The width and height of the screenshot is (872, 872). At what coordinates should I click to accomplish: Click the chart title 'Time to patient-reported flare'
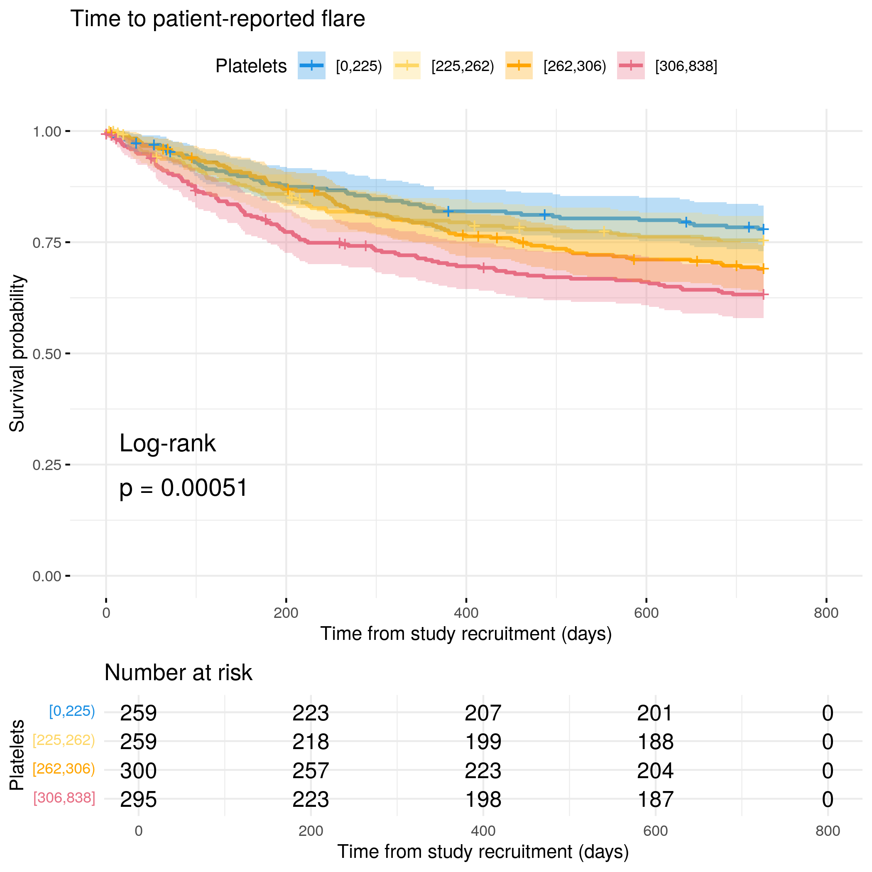[218, 19]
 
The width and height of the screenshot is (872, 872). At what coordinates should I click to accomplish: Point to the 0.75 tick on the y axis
[68, 242]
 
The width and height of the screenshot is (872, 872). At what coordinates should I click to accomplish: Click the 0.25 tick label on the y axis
[47, 465]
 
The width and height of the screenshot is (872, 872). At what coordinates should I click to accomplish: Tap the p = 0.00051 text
[183, 488]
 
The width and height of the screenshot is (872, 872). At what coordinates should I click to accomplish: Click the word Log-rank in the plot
[167, 443]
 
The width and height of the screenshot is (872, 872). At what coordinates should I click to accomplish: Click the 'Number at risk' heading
[178, 673]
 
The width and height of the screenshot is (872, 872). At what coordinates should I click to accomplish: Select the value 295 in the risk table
[138, 800]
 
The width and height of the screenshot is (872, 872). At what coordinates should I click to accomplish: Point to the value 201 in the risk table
[655, 713]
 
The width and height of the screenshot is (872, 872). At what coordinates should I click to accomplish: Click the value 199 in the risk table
[483, 742]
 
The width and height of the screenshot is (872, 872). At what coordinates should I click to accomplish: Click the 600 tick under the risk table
[655, 831]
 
